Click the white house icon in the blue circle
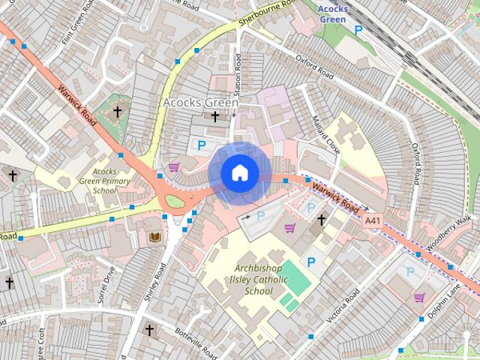239,172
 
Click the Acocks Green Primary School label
105,181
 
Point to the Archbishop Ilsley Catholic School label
259,280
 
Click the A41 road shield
372,221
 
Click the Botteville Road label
195,341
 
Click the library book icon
155,238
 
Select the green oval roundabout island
175,201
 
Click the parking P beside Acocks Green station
358,30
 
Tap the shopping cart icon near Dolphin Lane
419,298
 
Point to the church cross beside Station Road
215,117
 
